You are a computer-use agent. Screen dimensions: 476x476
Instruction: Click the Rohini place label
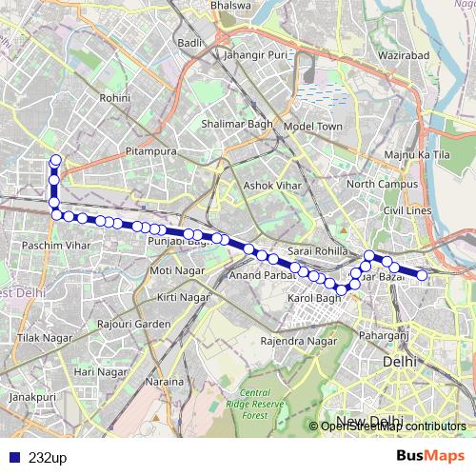[x=114, y=97]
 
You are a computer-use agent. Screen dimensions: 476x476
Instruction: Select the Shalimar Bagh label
[x=237, y=124]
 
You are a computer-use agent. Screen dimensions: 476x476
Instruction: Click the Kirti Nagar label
[x=183, y=298]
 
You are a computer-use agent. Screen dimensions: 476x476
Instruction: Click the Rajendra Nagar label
[x=299, y=340]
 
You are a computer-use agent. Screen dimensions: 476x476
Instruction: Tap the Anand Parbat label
[x=258, y=276]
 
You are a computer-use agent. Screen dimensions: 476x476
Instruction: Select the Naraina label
[x=165, y=382]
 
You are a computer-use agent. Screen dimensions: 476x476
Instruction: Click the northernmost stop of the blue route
[x=55, y=160]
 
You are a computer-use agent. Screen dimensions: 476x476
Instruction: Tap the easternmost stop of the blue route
[x=422, y=275]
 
